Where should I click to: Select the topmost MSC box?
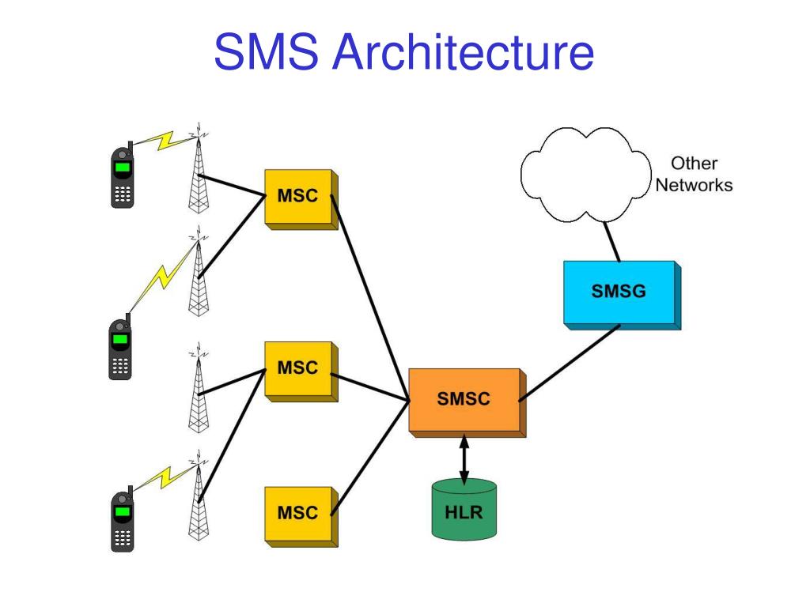301,199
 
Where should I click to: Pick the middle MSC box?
301,371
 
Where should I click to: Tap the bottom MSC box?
301,517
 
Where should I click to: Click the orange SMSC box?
467,402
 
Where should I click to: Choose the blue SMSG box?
622,296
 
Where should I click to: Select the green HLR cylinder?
464,510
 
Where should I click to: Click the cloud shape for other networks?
586,175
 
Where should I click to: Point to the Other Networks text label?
694,174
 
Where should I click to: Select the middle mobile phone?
120,348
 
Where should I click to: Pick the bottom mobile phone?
123,519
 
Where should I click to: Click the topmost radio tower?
199,168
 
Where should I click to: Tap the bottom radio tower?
199,496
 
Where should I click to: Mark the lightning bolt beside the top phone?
165,141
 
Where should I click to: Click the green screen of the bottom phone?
123,511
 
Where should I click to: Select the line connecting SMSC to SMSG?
570,363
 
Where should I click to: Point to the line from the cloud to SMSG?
611,242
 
